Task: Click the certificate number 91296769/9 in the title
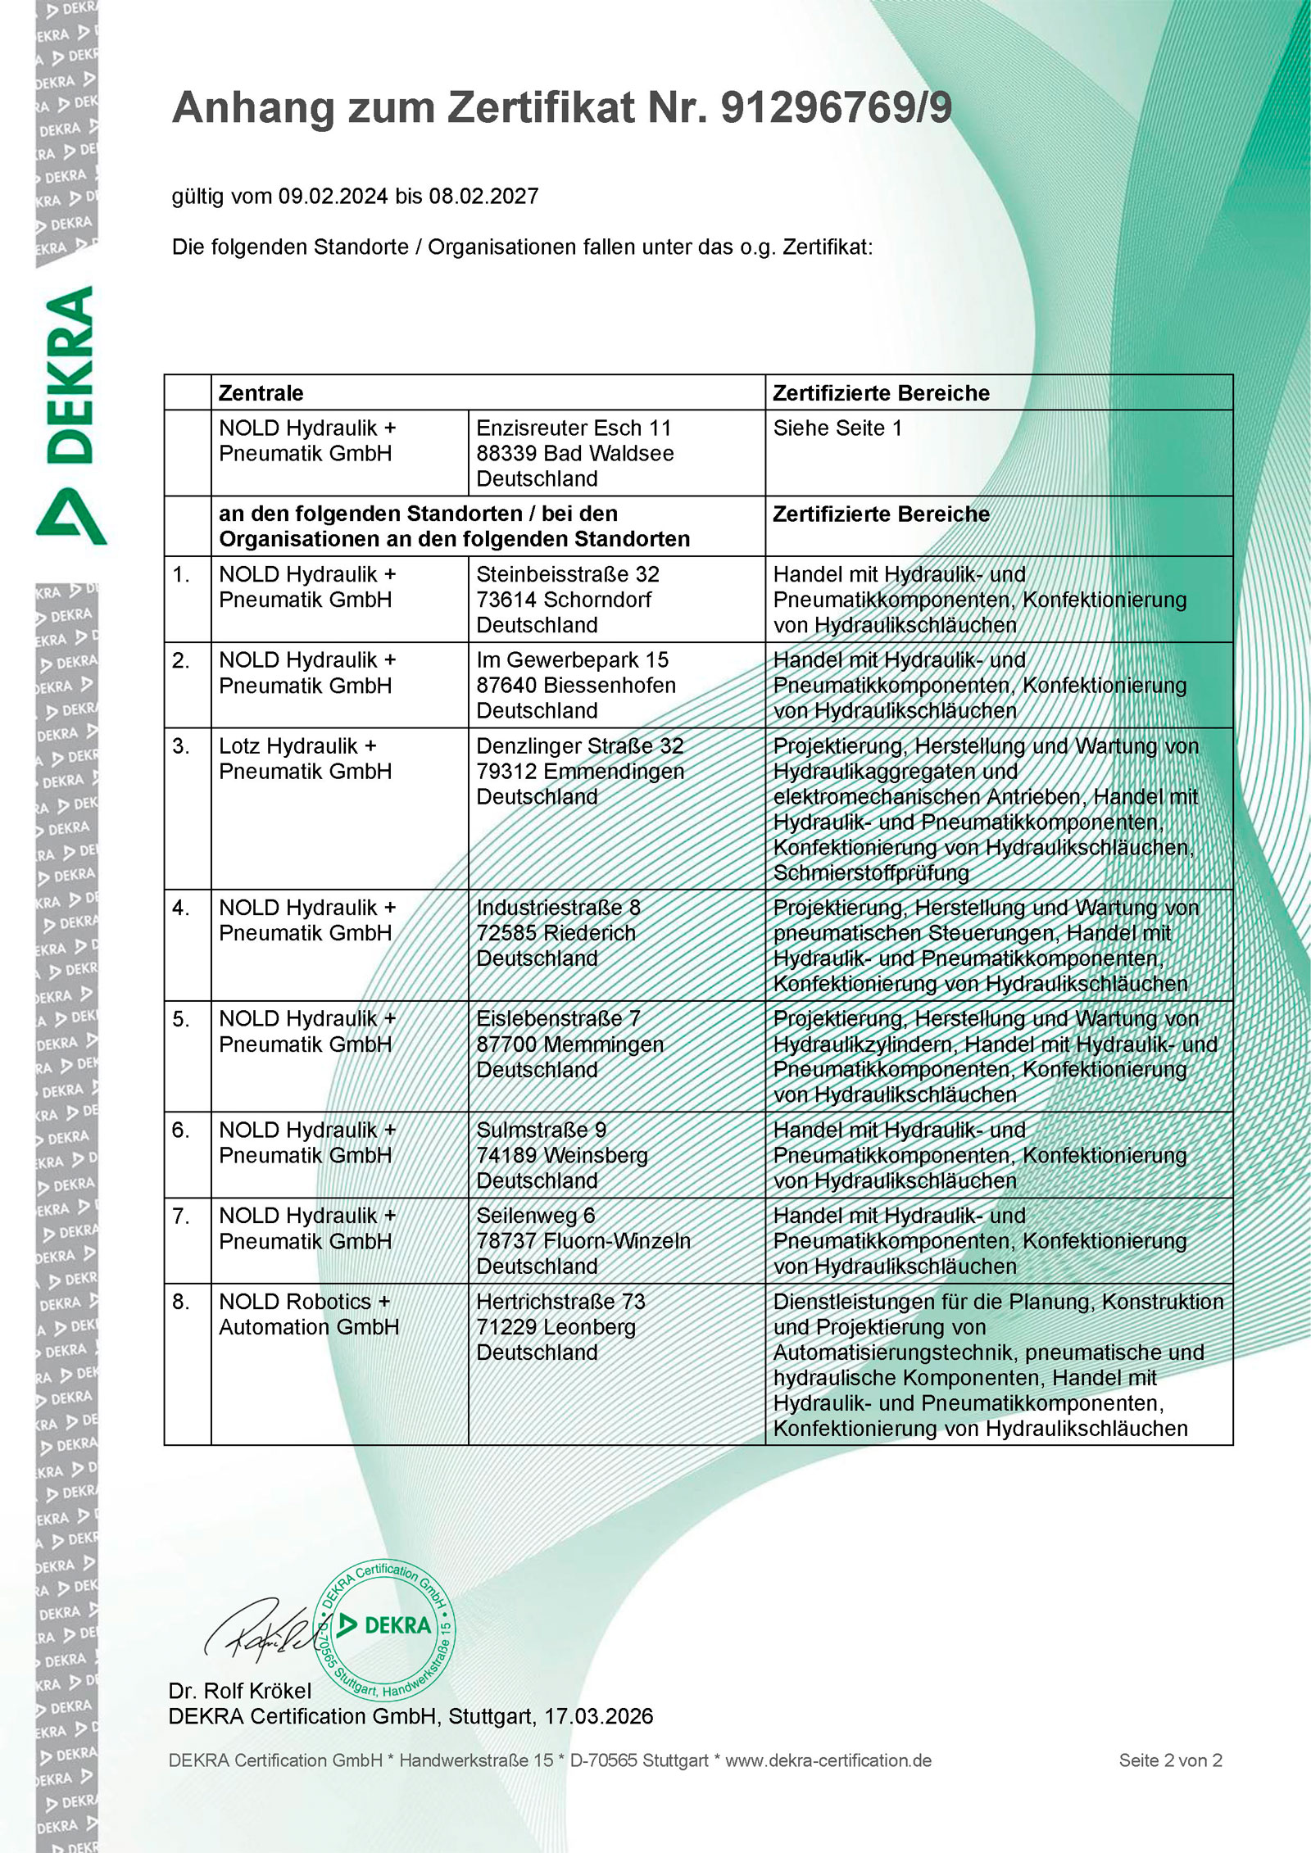pyautogui.click(x=836, y=108)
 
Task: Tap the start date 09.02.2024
pyautogui.click(x=333, y=197)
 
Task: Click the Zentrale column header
pyautogui.click(x=261, y=393)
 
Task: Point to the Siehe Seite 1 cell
pyautogui.click(x=837, y=428)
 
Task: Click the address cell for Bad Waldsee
pyautogui.click(x=575, y=453)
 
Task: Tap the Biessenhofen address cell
pyautogui.click(x=576, y=685)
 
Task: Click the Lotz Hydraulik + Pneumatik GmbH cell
pyautogui.click(x=305, y=759)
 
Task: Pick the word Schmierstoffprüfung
pyautogui.click(x=871, y=873)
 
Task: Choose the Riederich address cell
pyautogui.click(x=558, y=933)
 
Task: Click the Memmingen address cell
pyautogui.click(x=569, y=1044)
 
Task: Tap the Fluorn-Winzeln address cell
pyautogui.click(x=583, y=1241)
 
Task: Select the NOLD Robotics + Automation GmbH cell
pyautogui.click(x=308, y=1314)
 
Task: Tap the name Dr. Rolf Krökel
pyautogui.click(x=240, y=1691)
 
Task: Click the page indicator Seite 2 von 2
pyautogui.click(x=1170, y=1760)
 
